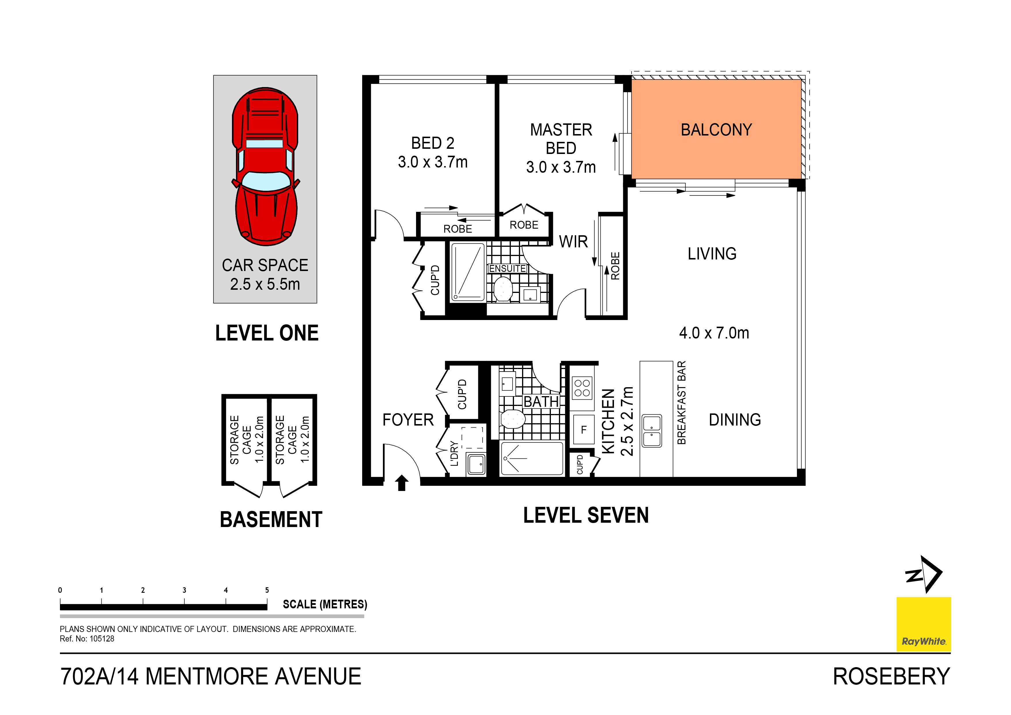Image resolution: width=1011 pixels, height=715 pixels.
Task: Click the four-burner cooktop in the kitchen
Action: [x=582, y=388]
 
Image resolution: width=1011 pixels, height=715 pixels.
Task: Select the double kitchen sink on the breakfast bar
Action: [x=652, y=431]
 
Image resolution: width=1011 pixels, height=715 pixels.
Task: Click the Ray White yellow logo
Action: [x=923, y=624]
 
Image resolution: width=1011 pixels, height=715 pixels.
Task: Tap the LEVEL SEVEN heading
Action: [x=586, y=515]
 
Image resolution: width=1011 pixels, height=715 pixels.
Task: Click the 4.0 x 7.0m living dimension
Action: [x=714, y=333]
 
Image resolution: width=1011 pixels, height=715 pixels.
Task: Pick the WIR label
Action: [x=573, y=242]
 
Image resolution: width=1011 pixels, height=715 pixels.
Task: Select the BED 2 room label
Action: [x=432, y=143]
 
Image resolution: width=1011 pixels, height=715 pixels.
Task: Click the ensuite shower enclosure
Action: [x=467, y=272]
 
